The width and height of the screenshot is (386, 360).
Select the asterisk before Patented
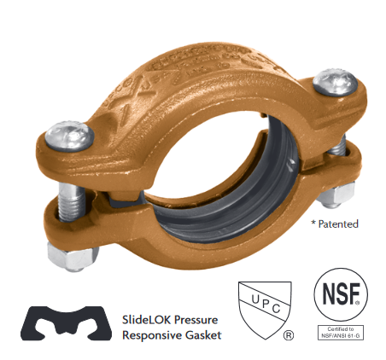point(313,224)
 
